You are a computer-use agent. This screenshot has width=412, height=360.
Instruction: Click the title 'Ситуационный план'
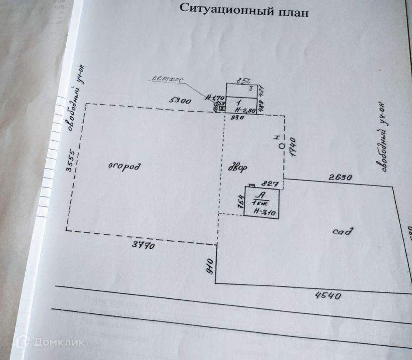pos(244,10)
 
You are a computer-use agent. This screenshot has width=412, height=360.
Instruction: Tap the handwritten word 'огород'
pos(124,167)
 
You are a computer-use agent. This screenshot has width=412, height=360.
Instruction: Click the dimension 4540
pos(328,296)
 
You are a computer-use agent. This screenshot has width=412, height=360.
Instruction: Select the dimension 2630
pos(340,177)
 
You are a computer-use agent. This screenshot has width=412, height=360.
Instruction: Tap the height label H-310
pos(262,211)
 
